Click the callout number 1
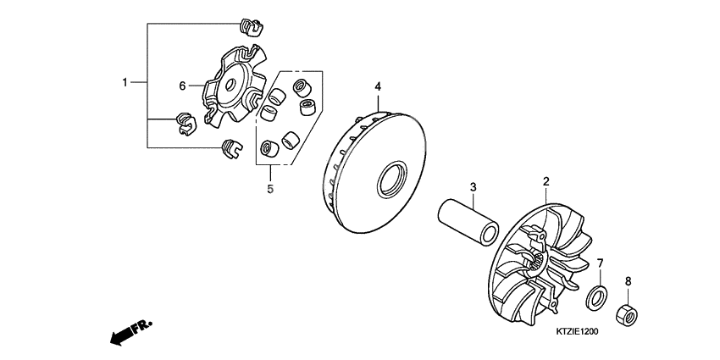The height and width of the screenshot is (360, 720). click(125, 83)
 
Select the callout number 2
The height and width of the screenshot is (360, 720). click(546, 181)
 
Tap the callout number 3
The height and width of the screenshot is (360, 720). click(473, 187)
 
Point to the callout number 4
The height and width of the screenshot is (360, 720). click(378, 86)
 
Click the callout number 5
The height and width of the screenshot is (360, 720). click(270, 188)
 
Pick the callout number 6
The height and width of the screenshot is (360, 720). click(182, 86)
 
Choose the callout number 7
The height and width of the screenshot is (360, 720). click(600, 263)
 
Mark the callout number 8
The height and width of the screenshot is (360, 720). click(629, 281)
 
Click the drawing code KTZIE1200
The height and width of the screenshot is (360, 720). click(577, 331)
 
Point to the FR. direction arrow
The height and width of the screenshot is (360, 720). click(130, 332)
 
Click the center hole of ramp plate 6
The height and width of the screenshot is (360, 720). click(230, 85)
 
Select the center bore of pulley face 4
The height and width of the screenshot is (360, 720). click(392, 180)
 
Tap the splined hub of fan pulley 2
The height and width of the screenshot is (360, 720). click(540, 263)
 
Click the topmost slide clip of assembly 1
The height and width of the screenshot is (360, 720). click(251, 27)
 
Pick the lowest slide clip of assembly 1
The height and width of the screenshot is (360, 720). click(231, 148)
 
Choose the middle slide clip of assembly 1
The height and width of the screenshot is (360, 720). click(186, 125)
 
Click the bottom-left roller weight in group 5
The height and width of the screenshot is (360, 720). click(269, 148)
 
